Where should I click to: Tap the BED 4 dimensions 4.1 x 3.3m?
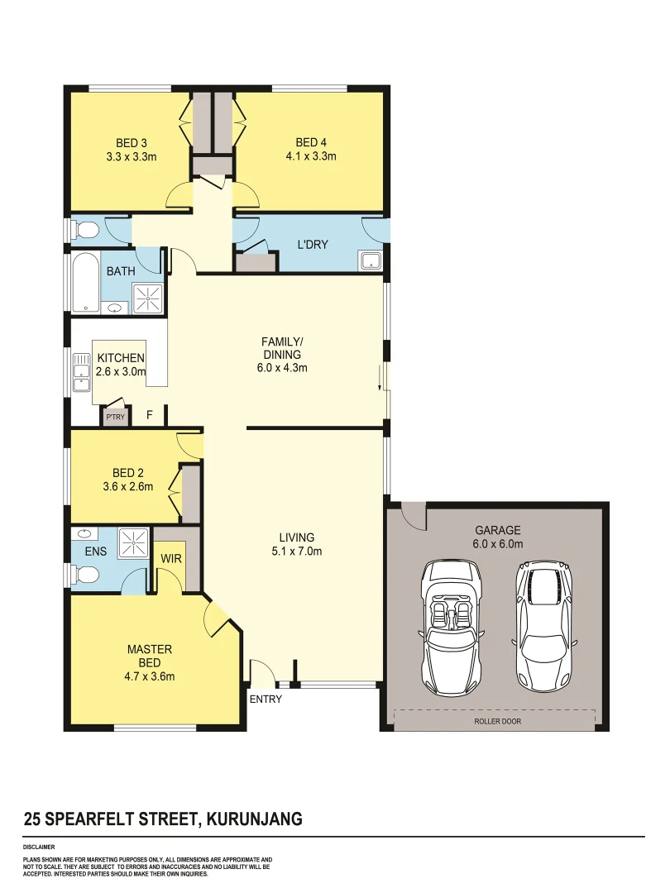click(310, 155)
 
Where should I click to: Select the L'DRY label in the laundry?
click(313, 244)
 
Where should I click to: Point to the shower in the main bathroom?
click(149, 298)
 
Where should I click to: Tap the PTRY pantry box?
click(115, 417)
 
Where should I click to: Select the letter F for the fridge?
click(150, 415)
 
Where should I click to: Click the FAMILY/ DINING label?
click(281, 347)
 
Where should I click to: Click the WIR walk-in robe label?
click(171, 559)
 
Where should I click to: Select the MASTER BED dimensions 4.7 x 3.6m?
click(149, 676)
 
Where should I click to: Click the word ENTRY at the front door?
click(266, 700)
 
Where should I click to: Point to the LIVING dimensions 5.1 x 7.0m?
click(296, 551)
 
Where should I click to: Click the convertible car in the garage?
click(451, 626)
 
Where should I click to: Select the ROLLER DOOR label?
click(497, 721)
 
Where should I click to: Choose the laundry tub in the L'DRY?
click(371, 261)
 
